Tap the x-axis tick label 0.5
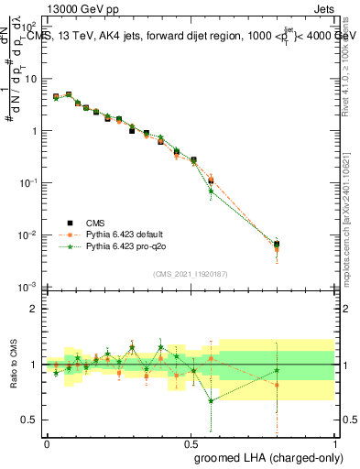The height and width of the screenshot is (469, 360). (191, 442)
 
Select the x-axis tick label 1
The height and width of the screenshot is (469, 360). (335, 442)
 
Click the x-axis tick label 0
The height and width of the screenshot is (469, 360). (47, 442)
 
